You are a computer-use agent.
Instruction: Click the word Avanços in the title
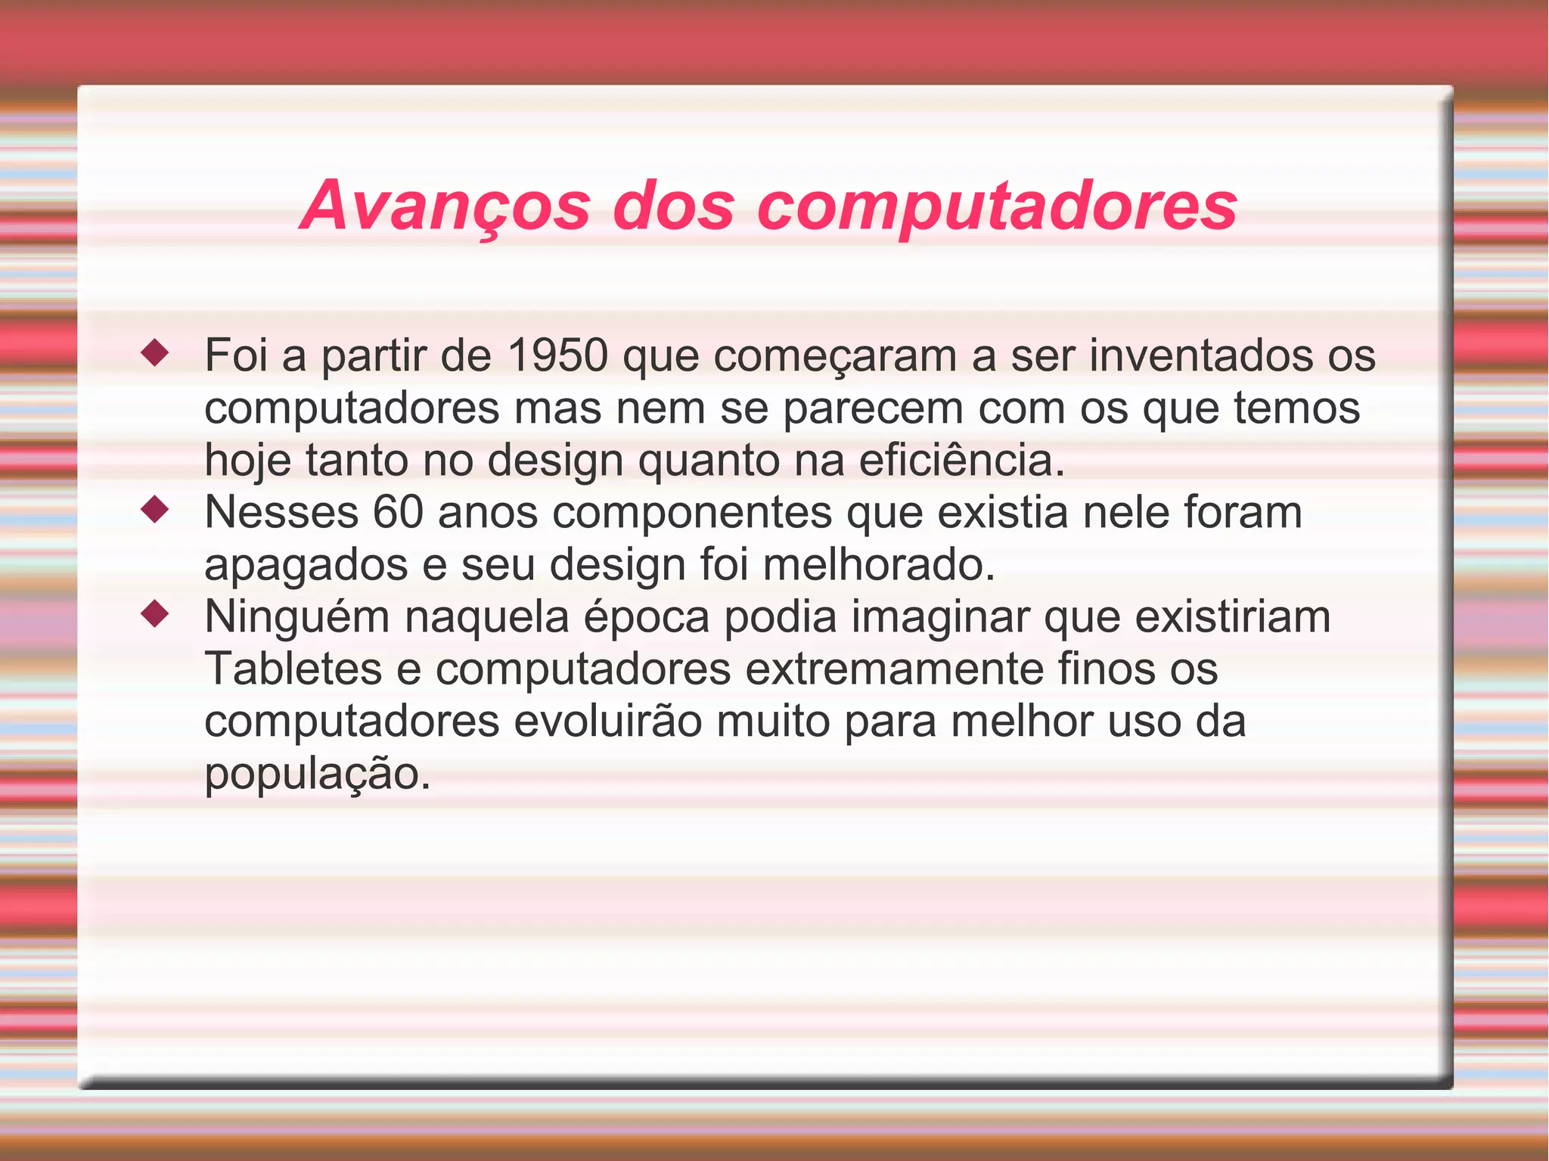point(445,206)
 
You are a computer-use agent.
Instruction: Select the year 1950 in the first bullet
point(557,355)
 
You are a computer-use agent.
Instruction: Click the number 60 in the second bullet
point(397,512)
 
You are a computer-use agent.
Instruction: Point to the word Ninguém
point(296,616)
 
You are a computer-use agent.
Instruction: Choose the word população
point(317,773)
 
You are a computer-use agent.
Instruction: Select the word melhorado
point(879,564)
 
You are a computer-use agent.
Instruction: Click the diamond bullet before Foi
point(155,353)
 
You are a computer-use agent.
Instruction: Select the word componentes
point(692,512)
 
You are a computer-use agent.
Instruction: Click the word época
point(646,616)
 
